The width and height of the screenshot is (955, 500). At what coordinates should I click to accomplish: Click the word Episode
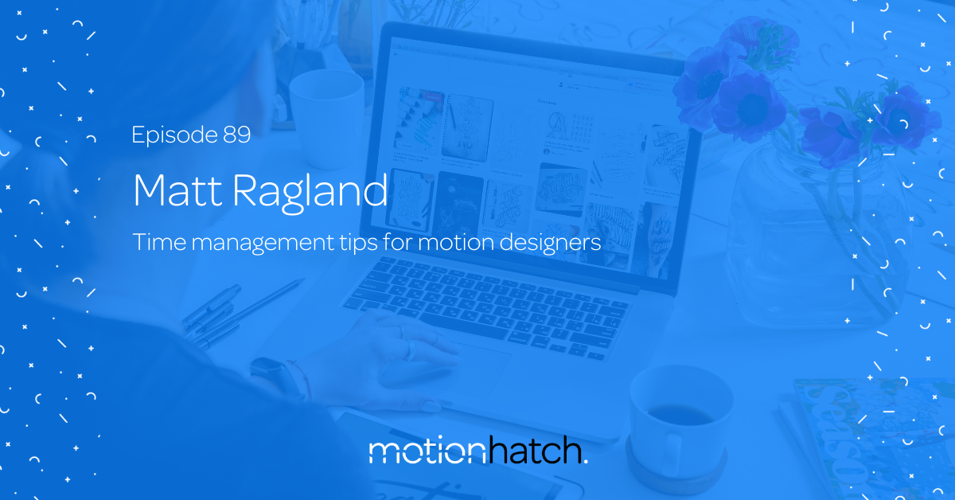tap(175, 135)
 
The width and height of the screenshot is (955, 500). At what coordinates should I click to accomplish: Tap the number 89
tap(236, 135)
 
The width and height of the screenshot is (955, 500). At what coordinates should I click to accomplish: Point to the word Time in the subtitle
tap(159, 242)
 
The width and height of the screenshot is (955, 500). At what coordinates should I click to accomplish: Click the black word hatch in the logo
tap(534, 450)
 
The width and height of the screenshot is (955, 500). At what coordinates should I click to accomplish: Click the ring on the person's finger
tap(409, 350)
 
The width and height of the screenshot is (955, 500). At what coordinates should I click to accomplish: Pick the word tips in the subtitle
tap(359, 243)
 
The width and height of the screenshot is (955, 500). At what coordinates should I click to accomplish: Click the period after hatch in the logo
tap(585, 461)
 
